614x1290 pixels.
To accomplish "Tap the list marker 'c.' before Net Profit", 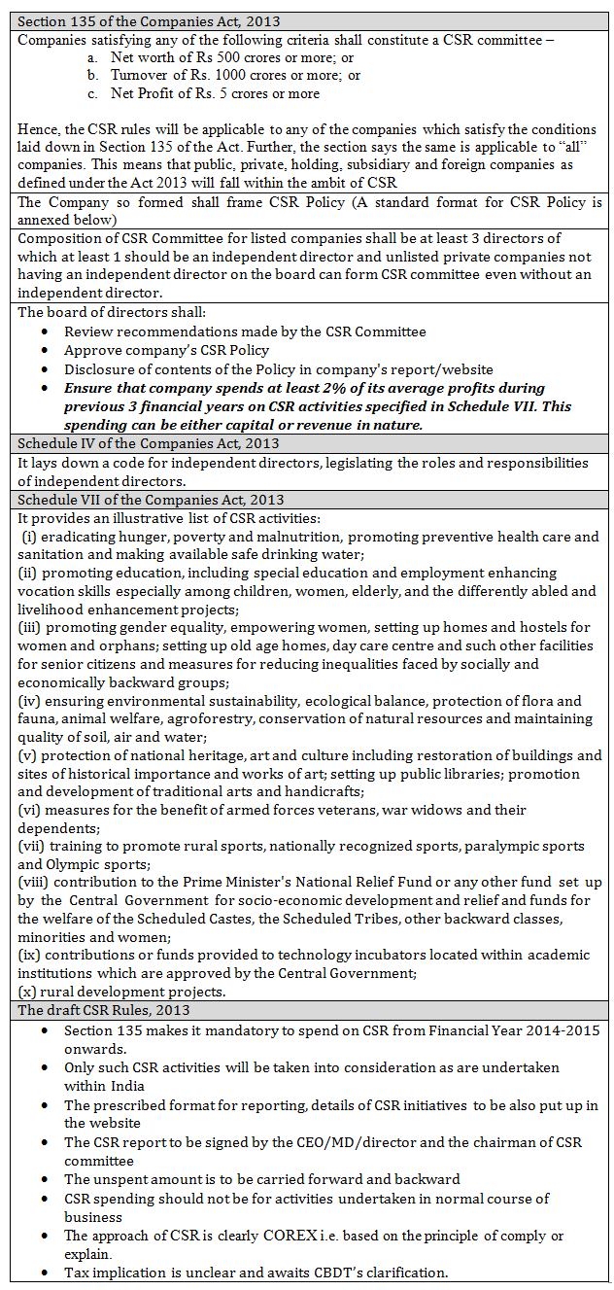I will tap(92, 93).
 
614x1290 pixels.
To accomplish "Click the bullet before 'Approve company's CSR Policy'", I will tap(46, 351).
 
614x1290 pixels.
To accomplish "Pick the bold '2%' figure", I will tap(324, 388).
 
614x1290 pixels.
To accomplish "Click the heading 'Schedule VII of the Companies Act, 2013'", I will tap(151, 500).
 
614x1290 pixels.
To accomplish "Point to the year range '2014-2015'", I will tap(566, 1029).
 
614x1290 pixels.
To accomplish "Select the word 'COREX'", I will tap(288, 1236).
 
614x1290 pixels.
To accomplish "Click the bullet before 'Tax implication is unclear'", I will tap(46, 1273).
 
